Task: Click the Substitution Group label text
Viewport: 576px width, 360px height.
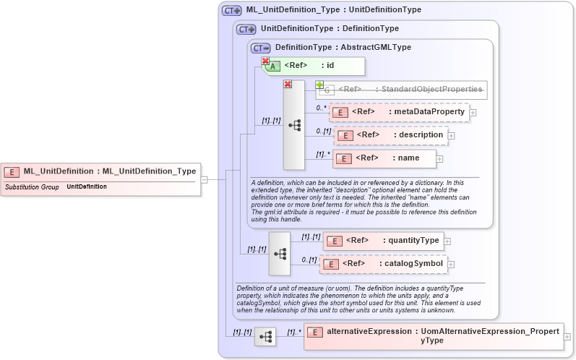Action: point(31,187)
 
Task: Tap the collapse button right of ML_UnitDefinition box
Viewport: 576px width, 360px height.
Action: point(205,179)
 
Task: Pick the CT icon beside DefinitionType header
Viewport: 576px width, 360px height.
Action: point(260,48)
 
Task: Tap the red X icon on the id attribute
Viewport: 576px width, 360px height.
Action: point(265,62)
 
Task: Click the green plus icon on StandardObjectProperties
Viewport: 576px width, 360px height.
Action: point(319,85)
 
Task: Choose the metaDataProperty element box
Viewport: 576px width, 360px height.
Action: point(399,112)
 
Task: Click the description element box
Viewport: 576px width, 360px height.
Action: point(390,134)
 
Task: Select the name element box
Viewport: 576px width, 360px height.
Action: point(384,158)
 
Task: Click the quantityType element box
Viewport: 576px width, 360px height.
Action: point(383,241)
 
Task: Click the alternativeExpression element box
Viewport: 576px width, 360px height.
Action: point(433,336)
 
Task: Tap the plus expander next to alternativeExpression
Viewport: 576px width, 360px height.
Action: point(567,337)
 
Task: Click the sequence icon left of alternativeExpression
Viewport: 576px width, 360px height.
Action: point(265,337)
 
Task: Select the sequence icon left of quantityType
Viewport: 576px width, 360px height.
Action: point(279,253)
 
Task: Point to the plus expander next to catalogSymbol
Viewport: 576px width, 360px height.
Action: point(447,264)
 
